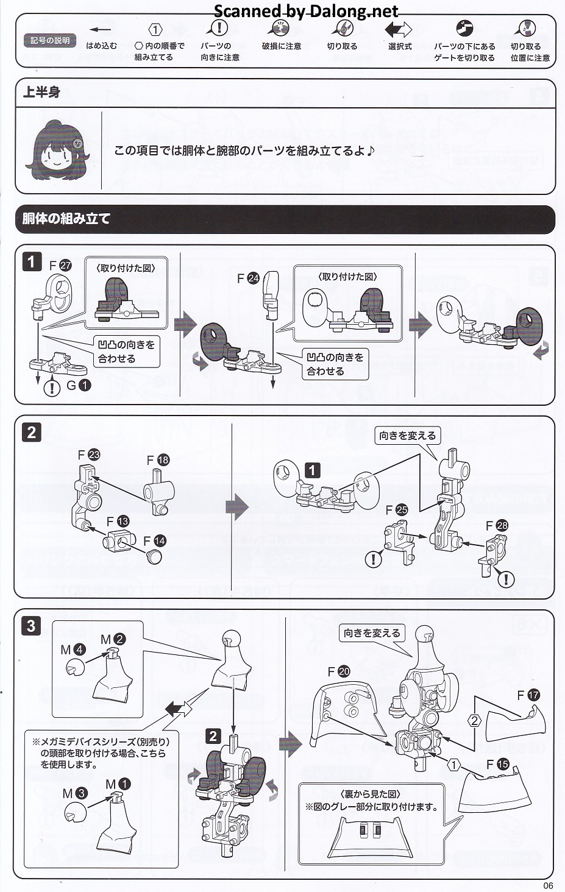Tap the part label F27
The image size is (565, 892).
tap(60, 266)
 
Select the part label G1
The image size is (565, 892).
tap(79, 385)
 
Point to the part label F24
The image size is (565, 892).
tap(248, 278)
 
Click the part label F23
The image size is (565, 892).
tap(89, 455)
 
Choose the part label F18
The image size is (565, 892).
tap(158, 461)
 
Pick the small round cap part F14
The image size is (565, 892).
tap(155, 556)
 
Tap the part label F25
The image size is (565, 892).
tap(397, 510)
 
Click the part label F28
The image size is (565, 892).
tap(497, 526)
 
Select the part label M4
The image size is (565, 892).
tap(73, 650)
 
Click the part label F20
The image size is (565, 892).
tap(339, 672)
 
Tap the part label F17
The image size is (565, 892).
tap(528, 695)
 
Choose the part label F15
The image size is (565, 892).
tap(498, 764)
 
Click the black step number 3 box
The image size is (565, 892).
tap(31, 626)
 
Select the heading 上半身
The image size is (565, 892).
tap(41, 93)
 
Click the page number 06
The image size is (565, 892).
tap(549, 885)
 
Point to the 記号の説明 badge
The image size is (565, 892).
tap(50, 40)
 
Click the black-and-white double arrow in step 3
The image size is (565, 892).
tap(179, 709)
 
